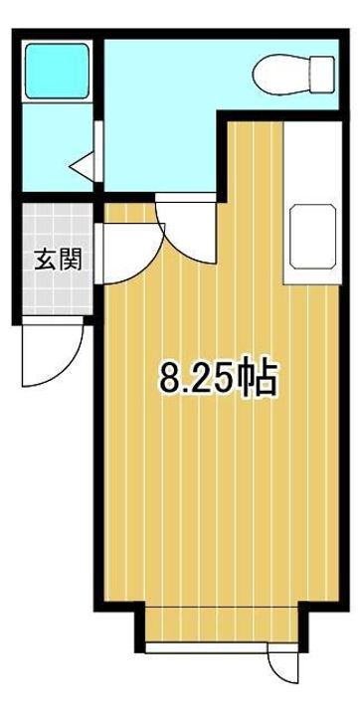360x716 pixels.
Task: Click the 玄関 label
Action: click(x=58, y=259)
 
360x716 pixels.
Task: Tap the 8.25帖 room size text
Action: click(x=219, y=378)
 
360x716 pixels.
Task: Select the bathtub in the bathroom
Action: click(x=57, y=71)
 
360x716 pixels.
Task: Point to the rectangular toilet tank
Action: click(x=322, y=74)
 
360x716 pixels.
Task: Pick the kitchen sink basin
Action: click(x=313, y=237)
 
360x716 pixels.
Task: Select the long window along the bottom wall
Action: click(x=207, y=647)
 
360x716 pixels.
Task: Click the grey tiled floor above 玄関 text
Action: click(x=58, y=225)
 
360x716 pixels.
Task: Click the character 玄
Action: click(x=46, y=259)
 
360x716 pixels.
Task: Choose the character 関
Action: click(x=71, y=259)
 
